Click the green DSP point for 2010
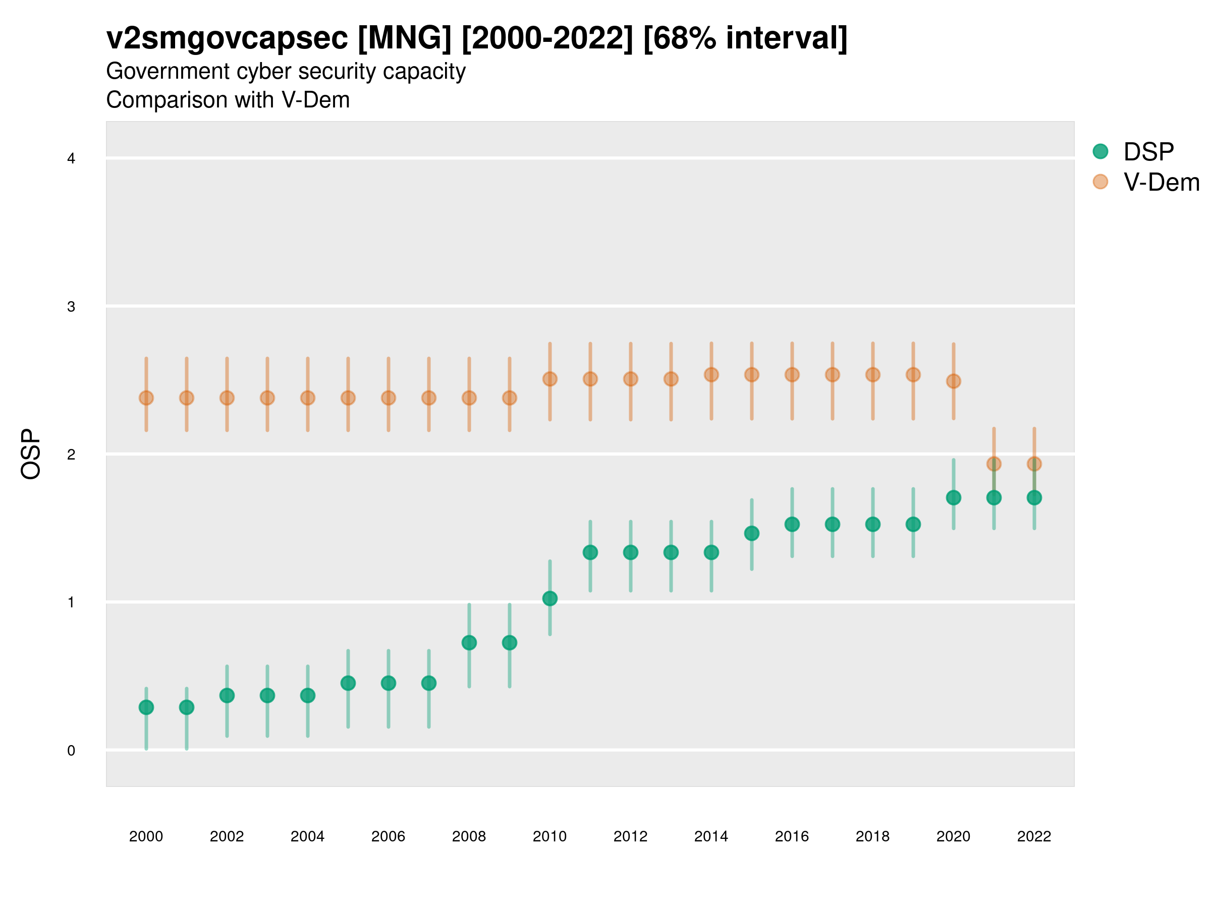[x=549, y=599]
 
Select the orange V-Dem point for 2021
[x=994, y=464]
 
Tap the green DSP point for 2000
[x=146, y=708]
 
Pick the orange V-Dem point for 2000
[x=146, y=398]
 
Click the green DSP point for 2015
[x=752, y=534]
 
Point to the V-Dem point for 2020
[x=953, y=381]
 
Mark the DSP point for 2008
[x=469, y=643]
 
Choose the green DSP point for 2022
[x=1034, y=498]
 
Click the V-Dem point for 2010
[x=549, y=379]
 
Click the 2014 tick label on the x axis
[x=711, y=836]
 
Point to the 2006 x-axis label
[x=388, y=836]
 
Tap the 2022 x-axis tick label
[x=1034, y=836]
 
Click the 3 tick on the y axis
[x=71, y=307]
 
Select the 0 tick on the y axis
[x=71, y=751]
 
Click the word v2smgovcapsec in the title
[x=227, y=38]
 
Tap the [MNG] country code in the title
[x=405, y=38]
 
